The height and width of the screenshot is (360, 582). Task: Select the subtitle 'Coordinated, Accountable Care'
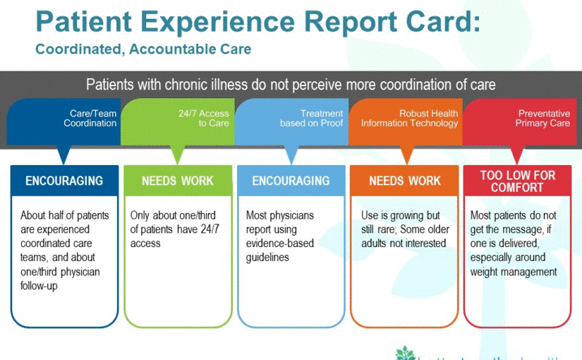click(x=143, y=49)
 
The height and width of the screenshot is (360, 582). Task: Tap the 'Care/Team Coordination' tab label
click(x=90, y=118)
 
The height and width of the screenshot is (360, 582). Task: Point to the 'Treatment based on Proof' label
click(x=311, y=118)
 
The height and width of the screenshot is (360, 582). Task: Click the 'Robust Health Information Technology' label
click(x=409, y=118)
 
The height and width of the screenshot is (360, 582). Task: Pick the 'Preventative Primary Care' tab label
click(x=543, y=118)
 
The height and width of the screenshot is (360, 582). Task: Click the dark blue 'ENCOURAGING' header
click(x=64, y=181)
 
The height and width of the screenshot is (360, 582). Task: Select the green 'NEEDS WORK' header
click(x=177, y=181)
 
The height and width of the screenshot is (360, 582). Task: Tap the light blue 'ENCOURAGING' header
click(x=291, y=181)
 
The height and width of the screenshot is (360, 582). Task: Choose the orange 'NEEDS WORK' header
click(x=405, y=181)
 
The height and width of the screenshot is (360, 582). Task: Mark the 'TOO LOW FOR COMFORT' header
click(x=518, y=181)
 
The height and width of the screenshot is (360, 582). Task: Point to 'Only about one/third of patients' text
click(x=173, y=229)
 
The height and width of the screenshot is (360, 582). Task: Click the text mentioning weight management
click(x=514, y=244)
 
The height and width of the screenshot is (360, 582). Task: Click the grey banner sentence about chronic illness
click(x=291, y=85)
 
